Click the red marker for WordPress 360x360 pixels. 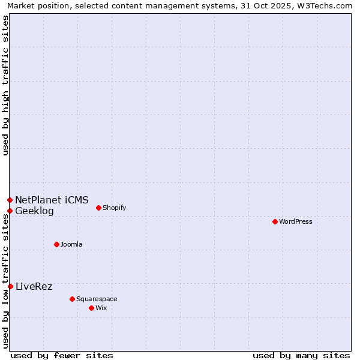(275, 221)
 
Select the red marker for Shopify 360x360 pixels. (98, 208)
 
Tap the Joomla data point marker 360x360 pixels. (56, 244)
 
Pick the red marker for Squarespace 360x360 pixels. (72, 299)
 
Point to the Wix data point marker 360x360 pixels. (91, 308)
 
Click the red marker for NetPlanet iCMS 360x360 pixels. (10, 200)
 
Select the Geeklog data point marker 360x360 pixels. (10, 211)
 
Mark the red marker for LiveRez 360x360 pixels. (10, 286)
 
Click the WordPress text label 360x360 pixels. (296, 222)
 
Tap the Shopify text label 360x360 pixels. (114, 208)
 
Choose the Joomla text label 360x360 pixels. (71, 245)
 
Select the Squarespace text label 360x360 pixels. (97, 299)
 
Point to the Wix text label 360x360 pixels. (101, 308)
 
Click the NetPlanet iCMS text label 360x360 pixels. (52, 200)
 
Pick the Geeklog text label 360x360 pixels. (34, 211)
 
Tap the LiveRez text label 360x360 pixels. (34, 287)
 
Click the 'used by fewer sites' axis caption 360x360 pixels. (62, 356)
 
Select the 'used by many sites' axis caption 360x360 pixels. (301, 356)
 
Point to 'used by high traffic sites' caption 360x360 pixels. (5, 85)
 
